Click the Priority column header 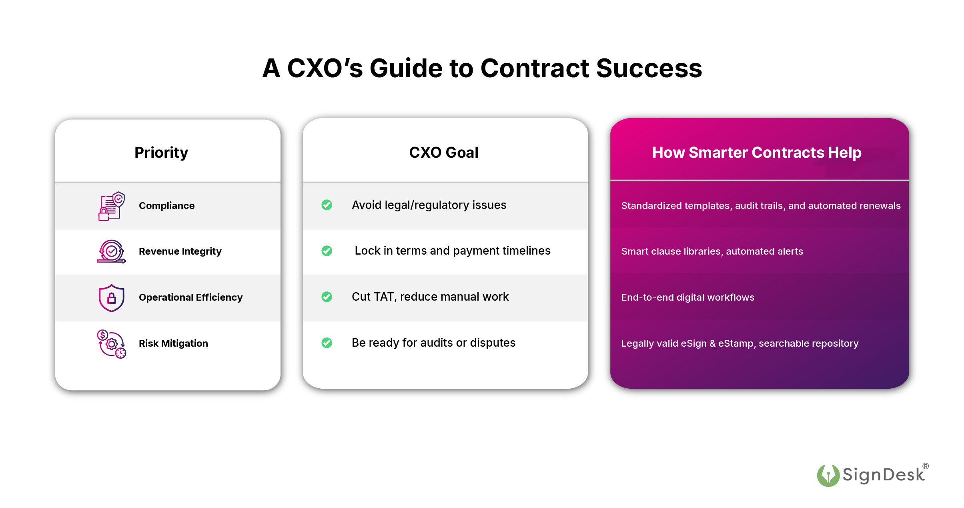(x=161, y=153)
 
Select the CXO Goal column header (x=443, y=153)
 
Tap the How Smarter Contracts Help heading (x=756, y=153)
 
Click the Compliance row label (x=166, y=205)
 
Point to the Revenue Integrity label (x=180, y=251)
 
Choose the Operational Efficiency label (x=190, y=297)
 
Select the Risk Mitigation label (x=173, y=343)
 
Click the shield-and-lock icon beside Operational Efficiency (x=112, y=298)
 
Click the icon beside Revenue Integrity (x=112, y=251)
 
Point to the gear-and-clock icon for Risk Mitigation (x=112, y=344)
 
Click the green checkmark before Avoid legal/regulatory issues (x=327, y=205)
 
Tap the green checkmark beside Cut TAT (x=327, y=297)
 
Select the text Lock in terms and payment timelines (x=452, y=251)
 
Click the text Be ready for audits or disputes (x=433, y=343)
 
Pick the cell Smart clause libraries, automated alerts (x=712, y=251)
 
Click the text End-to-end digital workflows (x=687, y=297)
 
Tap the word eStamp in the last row (x=736, y=343)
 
